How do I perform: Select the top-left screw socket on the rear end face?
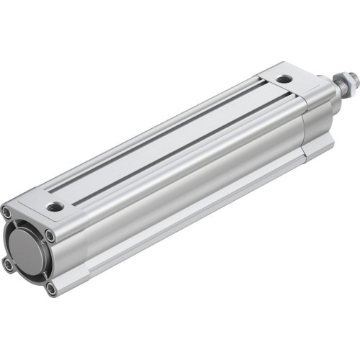(x=7, y=212)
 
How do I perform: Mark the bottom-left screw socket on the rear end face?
(x=8, y=265)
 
